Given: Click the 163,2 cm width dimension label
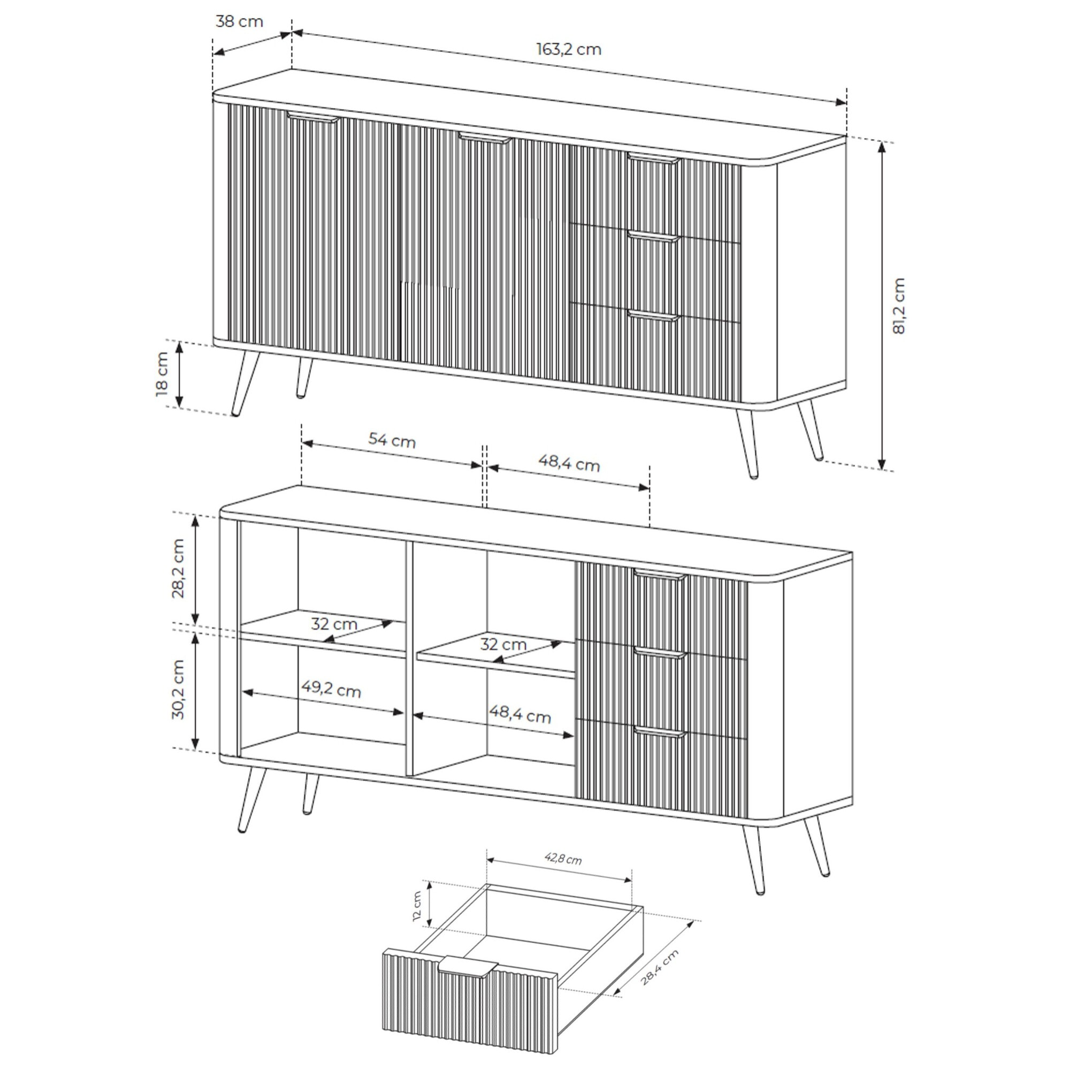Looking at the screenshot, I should [x=569, y=50].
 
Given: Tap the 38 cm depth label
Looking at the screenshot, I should [x=239, y=22].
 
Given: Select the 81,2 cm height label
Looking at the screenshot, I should [x=898, y=305].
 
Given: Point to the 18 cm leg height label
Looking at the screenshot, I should [x=162, y=374].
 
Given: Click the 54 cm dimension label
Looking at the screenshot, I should [x=392, y=441].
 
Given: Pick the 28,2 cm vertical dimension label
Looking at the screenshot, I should [x=178, y=568].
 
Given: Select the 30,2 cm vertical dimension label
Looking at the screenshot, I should [x=178, y=690].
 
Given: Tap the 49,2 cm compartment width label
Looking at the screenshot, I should [x=331, y=690].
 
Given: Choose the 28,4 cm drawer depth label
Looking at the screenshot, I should [x=660, y=967].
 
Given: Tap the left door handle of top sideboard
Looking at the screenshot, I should [x=313, y=117].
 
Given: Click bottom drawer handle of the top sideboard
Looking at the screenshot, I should [x=654, y=317].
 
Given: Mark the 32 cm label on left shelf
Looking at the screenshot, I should [x=334, y=624].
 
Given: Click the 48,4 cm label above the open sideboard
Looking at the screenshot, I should [x=569, y=463].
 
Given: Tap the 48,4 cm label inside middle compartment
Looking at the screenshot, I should [x=520, y=715].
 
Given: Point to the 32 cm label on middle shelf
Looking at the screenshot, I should [x=503, y=645].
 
